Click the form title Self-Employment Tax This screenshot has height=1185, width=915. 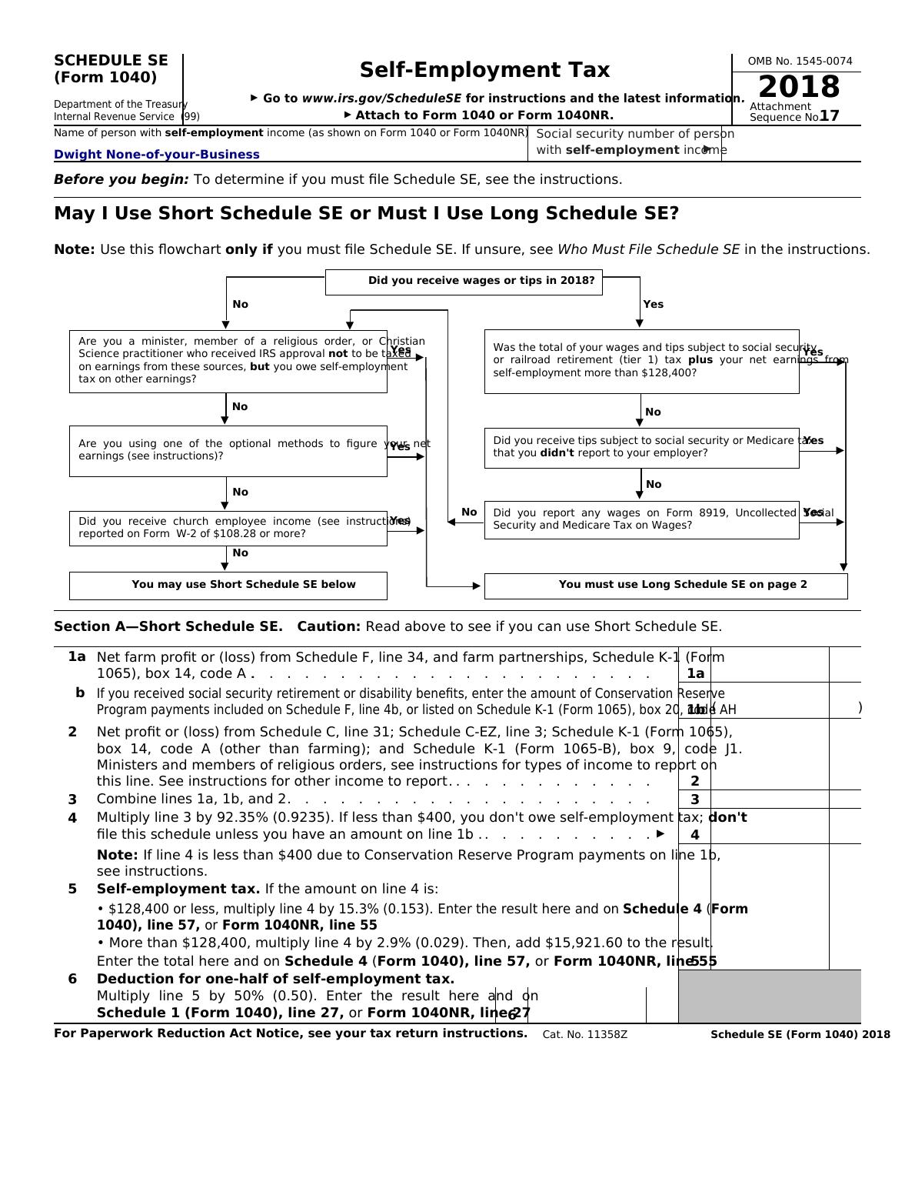[484, 70]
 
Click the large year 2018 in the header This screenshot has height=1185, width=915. [799, 86]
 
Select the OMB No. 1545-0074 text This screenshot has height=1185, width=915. [800, 61]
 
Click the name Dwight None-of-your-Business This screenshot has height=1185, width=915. [157, 154]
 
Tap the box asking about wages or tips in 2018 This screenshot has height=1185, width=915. [464, 282]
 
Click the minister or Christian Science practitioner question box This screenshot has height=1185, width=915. [228, 361]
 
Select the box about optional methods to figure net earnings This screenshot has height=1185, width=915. [228, 450]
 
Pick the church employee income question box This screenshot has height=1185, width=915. [228, 528]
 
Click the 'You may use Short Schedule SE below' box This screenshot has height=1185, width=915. [228, 585]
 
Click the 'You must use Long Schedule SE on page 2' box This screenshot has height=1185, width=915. [666, 585]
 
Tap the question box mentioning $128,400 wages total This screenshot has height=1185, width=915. [641, 361]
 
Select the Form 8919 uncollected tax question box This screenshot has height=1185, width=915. [641, 519]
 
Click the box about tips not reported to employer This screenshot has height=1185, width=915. [641, 447]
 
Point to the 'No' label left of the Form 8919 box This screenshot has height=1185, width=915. [469, 512]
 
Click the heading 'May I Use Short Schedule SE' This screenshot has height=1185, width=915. [366, 214]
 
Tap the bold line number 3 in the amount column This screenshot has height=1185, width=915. [694, 799]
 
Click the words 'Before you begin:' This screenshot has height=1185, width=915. [121, 179]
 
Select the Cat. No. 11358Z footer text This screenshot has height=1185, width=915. [584, 1034]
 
